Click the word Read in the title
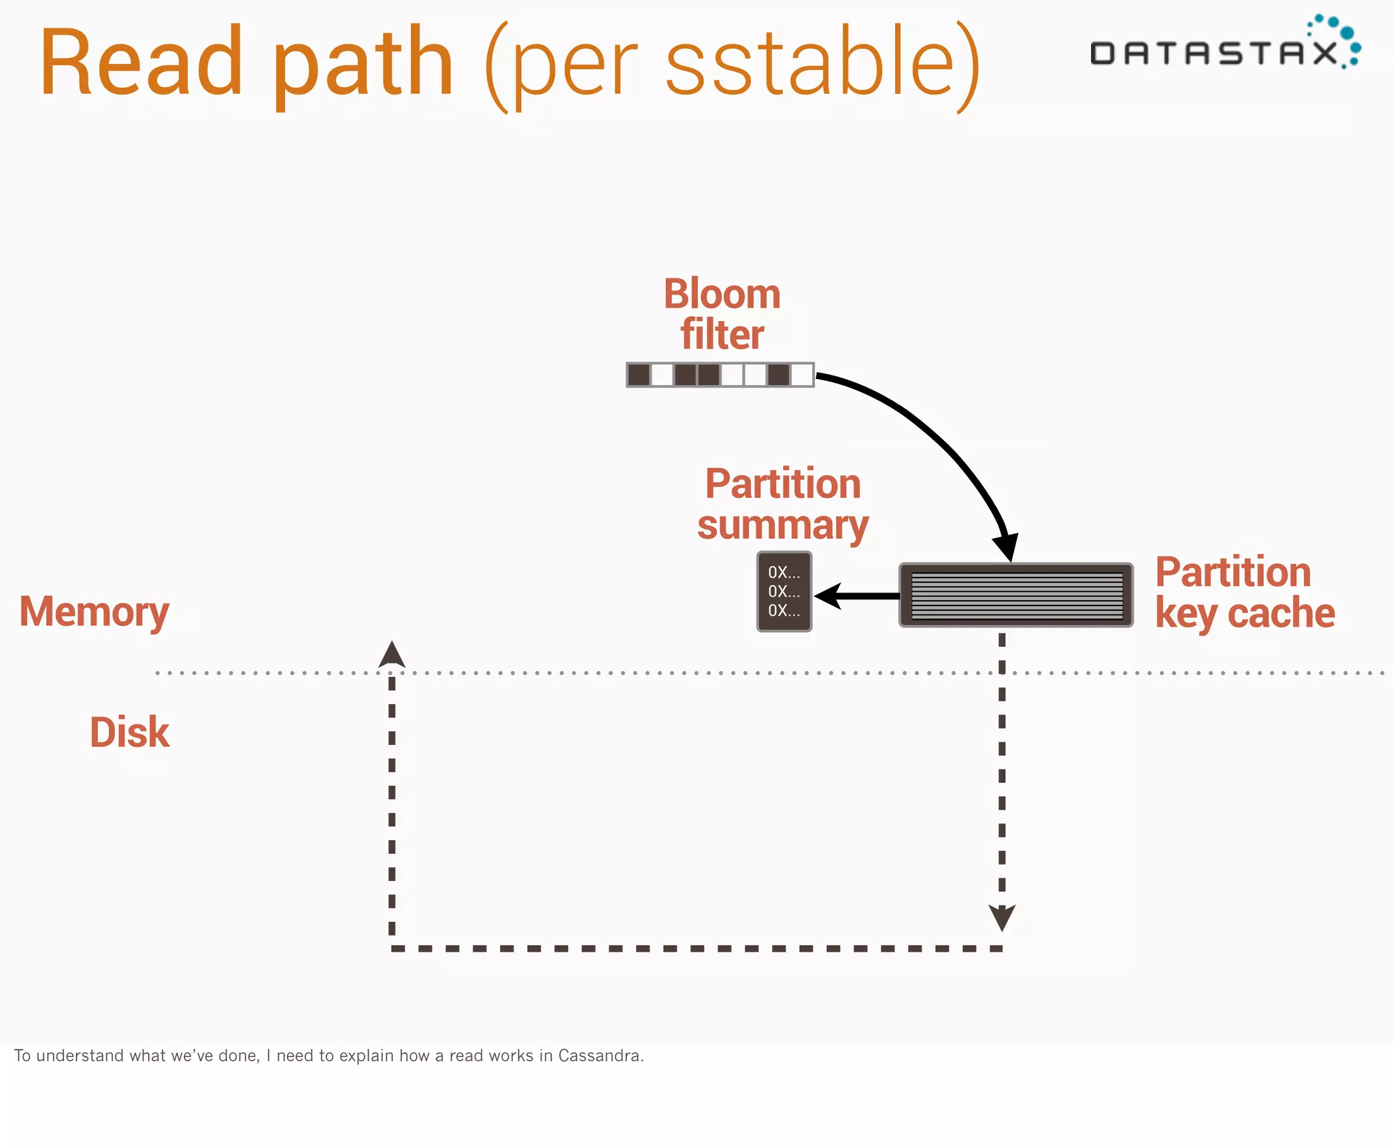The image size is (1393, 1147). tap(141, 63)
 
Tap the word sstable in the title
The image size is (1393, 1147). tap(809, 63)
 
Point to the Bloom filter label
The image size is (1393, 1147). tap(722, 314)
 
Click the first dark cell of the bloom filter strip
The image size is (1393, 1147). tap(639, 375)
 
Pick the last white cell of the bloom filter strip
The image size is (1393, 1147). tap(802, 375)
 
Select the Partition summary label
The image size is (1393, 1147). tap(783, 504)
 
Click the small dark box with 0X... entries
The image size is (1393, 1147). tap(784, 591)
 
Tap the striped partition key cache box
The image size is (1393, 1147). tap(1016, 595)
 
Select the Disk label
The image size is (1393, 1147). tap(129, 733)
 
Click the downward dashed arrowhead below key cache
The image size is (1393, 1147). tap(1002, 918)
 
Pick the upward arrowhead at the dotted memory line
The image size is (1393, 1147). tap(392, 654)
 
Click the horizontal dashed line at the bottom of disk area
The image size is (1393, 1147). tap(694, 948)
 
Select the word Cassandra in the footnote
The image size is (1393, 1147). tap(599, 1055)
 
